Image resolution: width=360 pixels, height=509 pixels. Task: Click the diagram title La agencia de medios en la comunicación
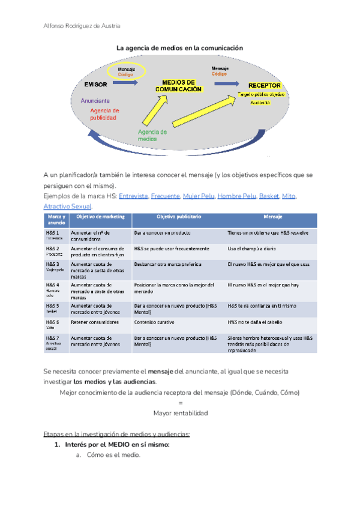pos(179,47)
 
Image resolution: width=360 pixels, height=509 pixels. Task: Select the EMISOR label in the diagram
pos(96,85)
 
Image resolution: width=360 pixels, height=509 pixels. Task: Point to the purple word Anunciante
pos(95,101)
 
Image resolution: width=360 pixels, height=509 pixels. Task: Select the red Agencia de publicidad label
pos(104,114)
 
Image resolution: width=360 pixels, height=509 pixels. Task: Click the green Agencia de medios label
pos(152,135)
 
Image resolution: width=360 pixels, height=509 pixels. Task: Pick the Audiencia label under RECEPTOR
pos(260,103)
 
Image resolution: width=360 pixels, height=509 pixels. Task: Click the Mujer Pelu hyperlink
pos(198,196)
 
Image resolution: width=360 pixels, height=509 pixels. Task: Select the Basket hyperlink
pos(270,196)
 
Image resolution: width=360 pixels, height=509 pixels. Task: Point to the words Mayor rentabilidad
pos(180,414)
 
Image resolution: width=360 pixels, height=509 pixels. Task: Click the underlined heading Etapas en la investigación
pos(116,434)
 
